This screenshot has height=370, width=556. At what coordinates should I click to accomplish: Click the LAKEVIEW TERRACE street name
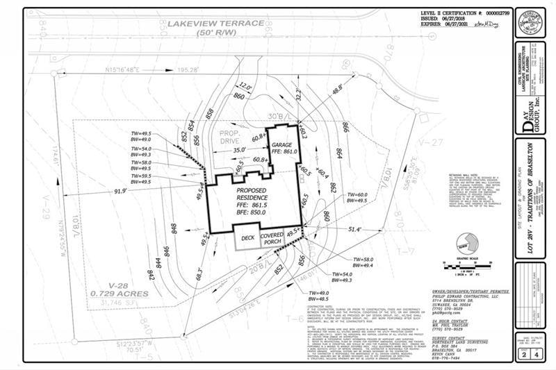click(x=215, y=24)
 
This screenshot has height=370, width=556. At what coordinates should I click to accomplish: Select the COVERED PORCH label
click(x=272, y=239)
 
